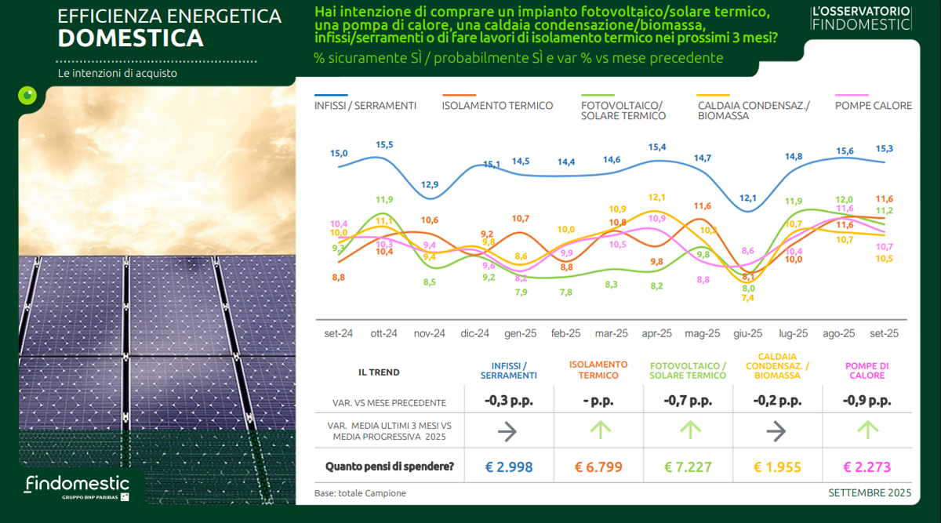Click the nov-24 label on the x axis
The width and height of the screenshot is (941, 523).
click(x=429, y=333)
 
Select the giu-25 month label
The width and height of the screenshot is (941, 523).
click(x=747, y=333)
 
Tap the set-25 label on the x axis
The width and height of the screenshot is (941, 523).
click(x=883, y=333)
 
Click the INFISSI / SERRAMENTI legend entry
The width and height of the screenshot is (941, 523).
click(x=365, y=106)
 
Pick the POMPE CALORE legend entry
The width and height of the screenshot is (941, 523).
click(x=874, y=106)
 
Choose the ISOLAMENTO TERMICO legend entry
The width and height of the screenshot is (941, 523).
click(x=497, y=106)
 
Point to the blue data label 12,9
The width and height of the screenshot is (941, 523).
click(x=430, y=185)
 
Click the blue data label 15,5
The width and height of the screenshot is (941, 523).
click(x=384, y=145)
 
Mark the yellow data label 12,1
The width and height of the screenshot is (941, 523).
click(x=657, y=198)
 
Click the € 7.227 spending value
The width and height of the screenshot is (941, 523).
click(x=688, y=467)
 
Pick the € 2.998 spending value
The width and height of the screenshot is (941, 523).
click(x=508, y=467)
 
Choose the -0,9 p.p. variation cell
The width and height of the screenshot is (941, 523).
click(x=868, y=401)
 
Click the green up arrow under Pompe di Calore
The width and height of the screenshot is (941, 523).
click(x=868, y=430)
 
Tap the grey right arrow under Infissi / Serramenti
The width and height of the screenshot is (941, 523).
click(x=508, y=430)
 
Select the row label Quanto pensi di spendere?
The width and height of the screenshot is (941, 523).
click(x=390, y=467)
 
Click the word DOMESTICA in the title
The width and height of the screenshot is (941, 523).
click(x=131, y=38)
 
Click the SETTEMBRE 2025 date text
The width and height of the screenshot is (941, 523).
click(x=870, y=493)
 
